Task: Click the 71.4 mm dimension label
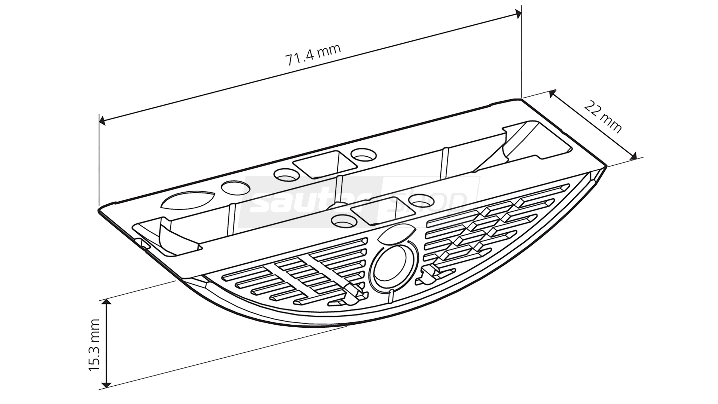pos(313,55)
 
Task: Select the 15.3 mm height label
pos(95,345)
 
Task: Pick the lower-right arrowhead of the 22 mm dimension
pos(633,157)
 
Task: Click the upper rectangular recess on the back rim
pos(323,165)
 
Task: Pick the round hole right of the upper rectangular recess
pos(363,154)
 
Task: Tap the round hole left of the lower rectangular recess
pos(343,221)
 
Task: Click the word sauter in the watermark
pos(314,202)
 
